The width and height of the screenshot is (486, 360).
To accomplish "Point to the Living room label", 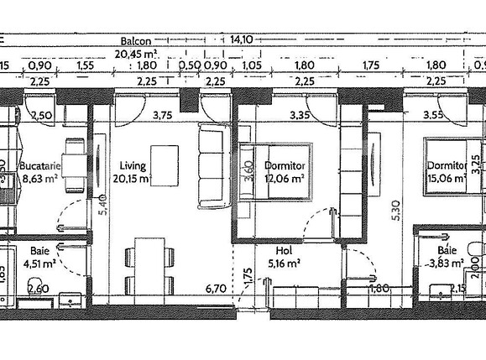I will (x=133, y=166).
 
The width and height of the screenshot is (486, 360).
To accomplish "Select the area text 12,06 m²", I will (x=283, y=179).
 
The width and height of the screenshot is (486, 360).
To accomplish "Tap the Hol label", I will (x=284, y=250).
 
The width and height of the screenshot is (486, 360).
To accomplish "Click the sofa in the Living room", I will (x=210, y=165).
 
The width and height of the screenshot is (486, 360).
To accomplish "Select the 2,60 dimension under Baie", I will (x=38, y=290).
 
